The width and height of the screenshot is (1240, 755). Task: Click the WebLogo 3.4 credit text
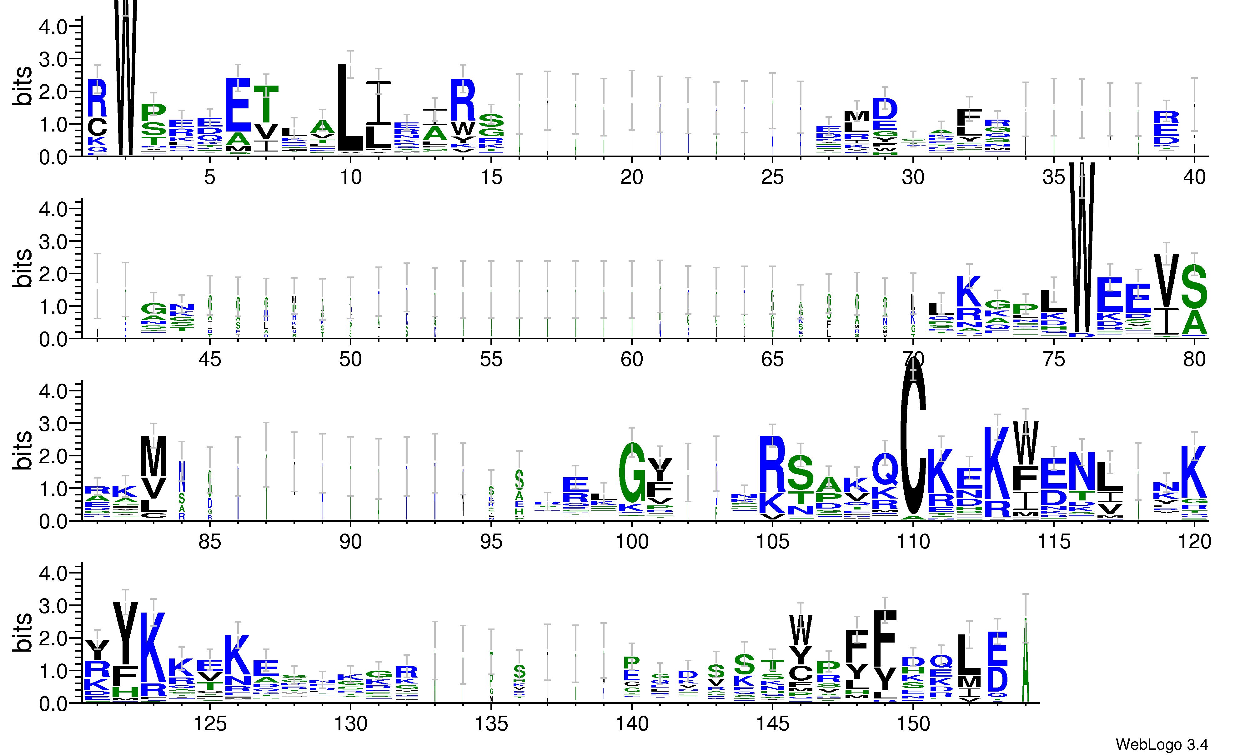(x=1162, y=744)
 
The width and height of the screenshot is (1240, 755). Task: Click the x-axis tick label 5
(x=210, y=177)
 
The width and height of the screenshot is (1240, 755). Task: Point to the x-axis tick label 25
(x=772, y=177)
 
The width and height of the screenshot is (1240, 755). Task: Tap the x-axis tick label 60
(x=632, y=359)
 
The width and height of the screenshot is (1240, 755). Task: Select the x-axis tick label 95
(x=491, y=542)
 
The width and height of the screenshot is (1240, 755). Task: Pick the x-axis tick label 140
(x=632, y=724)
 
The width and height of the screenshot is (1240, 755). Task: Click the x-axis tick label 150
(x=913, y=724)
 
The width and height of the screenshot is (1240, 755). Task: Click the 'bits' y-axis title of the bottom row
(x=22, y=633)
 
